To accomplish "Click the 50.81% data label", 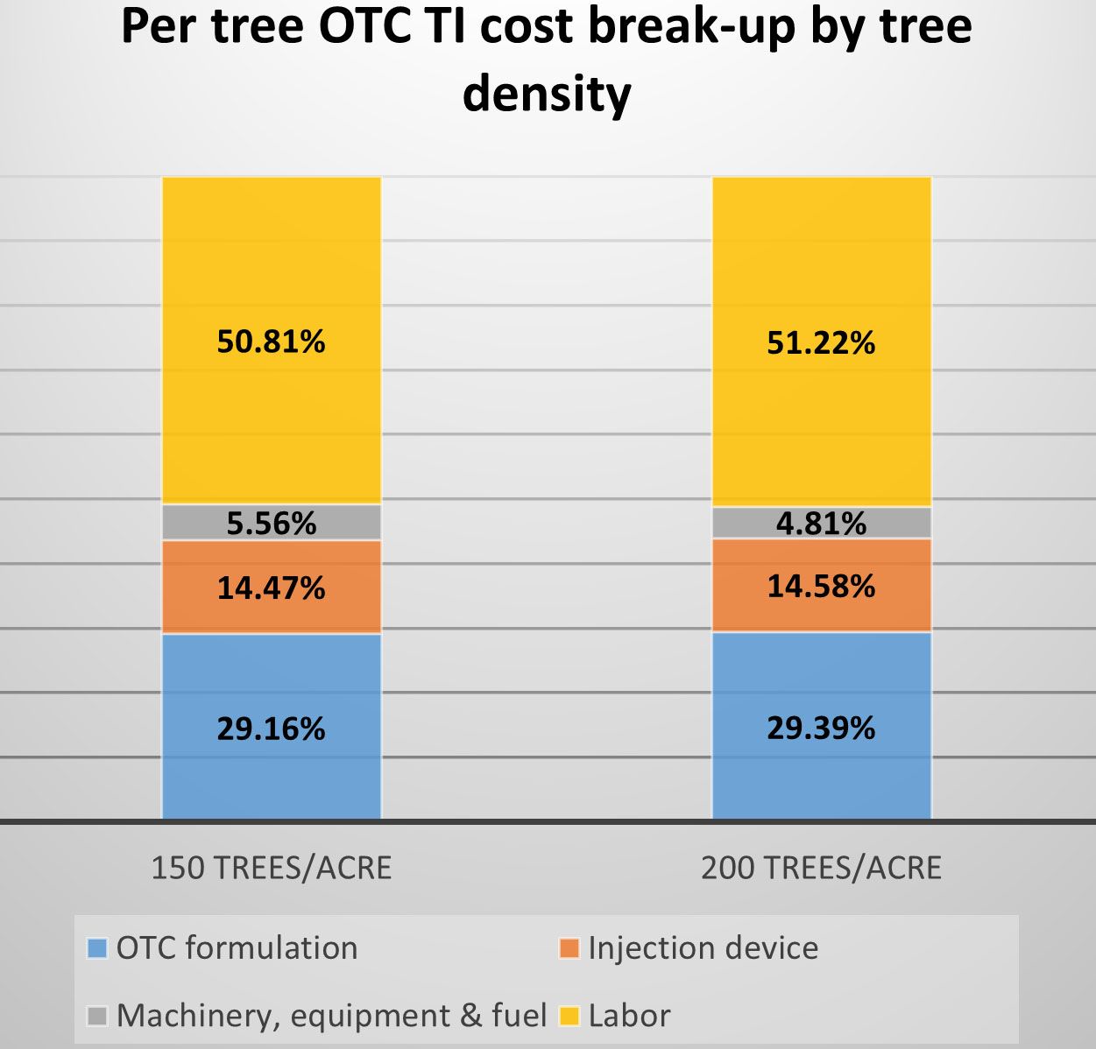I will point(271,341).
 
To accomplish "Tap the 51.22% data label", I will point(821,342).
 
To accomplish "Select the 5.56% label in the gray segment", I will point(271,524).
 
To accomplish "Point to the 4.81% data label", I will point(821,524).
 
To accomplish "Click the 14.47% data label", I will point(271,588).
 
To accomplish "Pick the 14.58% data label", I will point(821,586).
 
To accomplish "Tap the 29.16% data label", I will point(271,729).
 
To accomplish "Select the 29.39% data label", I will point(821,728).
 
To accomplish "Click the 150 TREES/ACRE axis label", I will point(272,868).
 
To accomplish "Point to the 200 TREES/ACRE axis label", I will point(821,868).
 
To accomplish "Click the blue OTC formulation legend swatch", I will point(97,948).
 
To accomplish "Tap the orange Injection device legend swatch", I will point(569,948).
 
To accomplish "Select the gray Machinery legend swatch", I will point(97,1016).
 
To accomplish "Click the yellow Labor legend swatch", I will point(569,1016).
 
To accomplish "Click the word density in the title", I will point(547,93).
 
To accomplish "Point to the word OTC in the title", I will point(364,26).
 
